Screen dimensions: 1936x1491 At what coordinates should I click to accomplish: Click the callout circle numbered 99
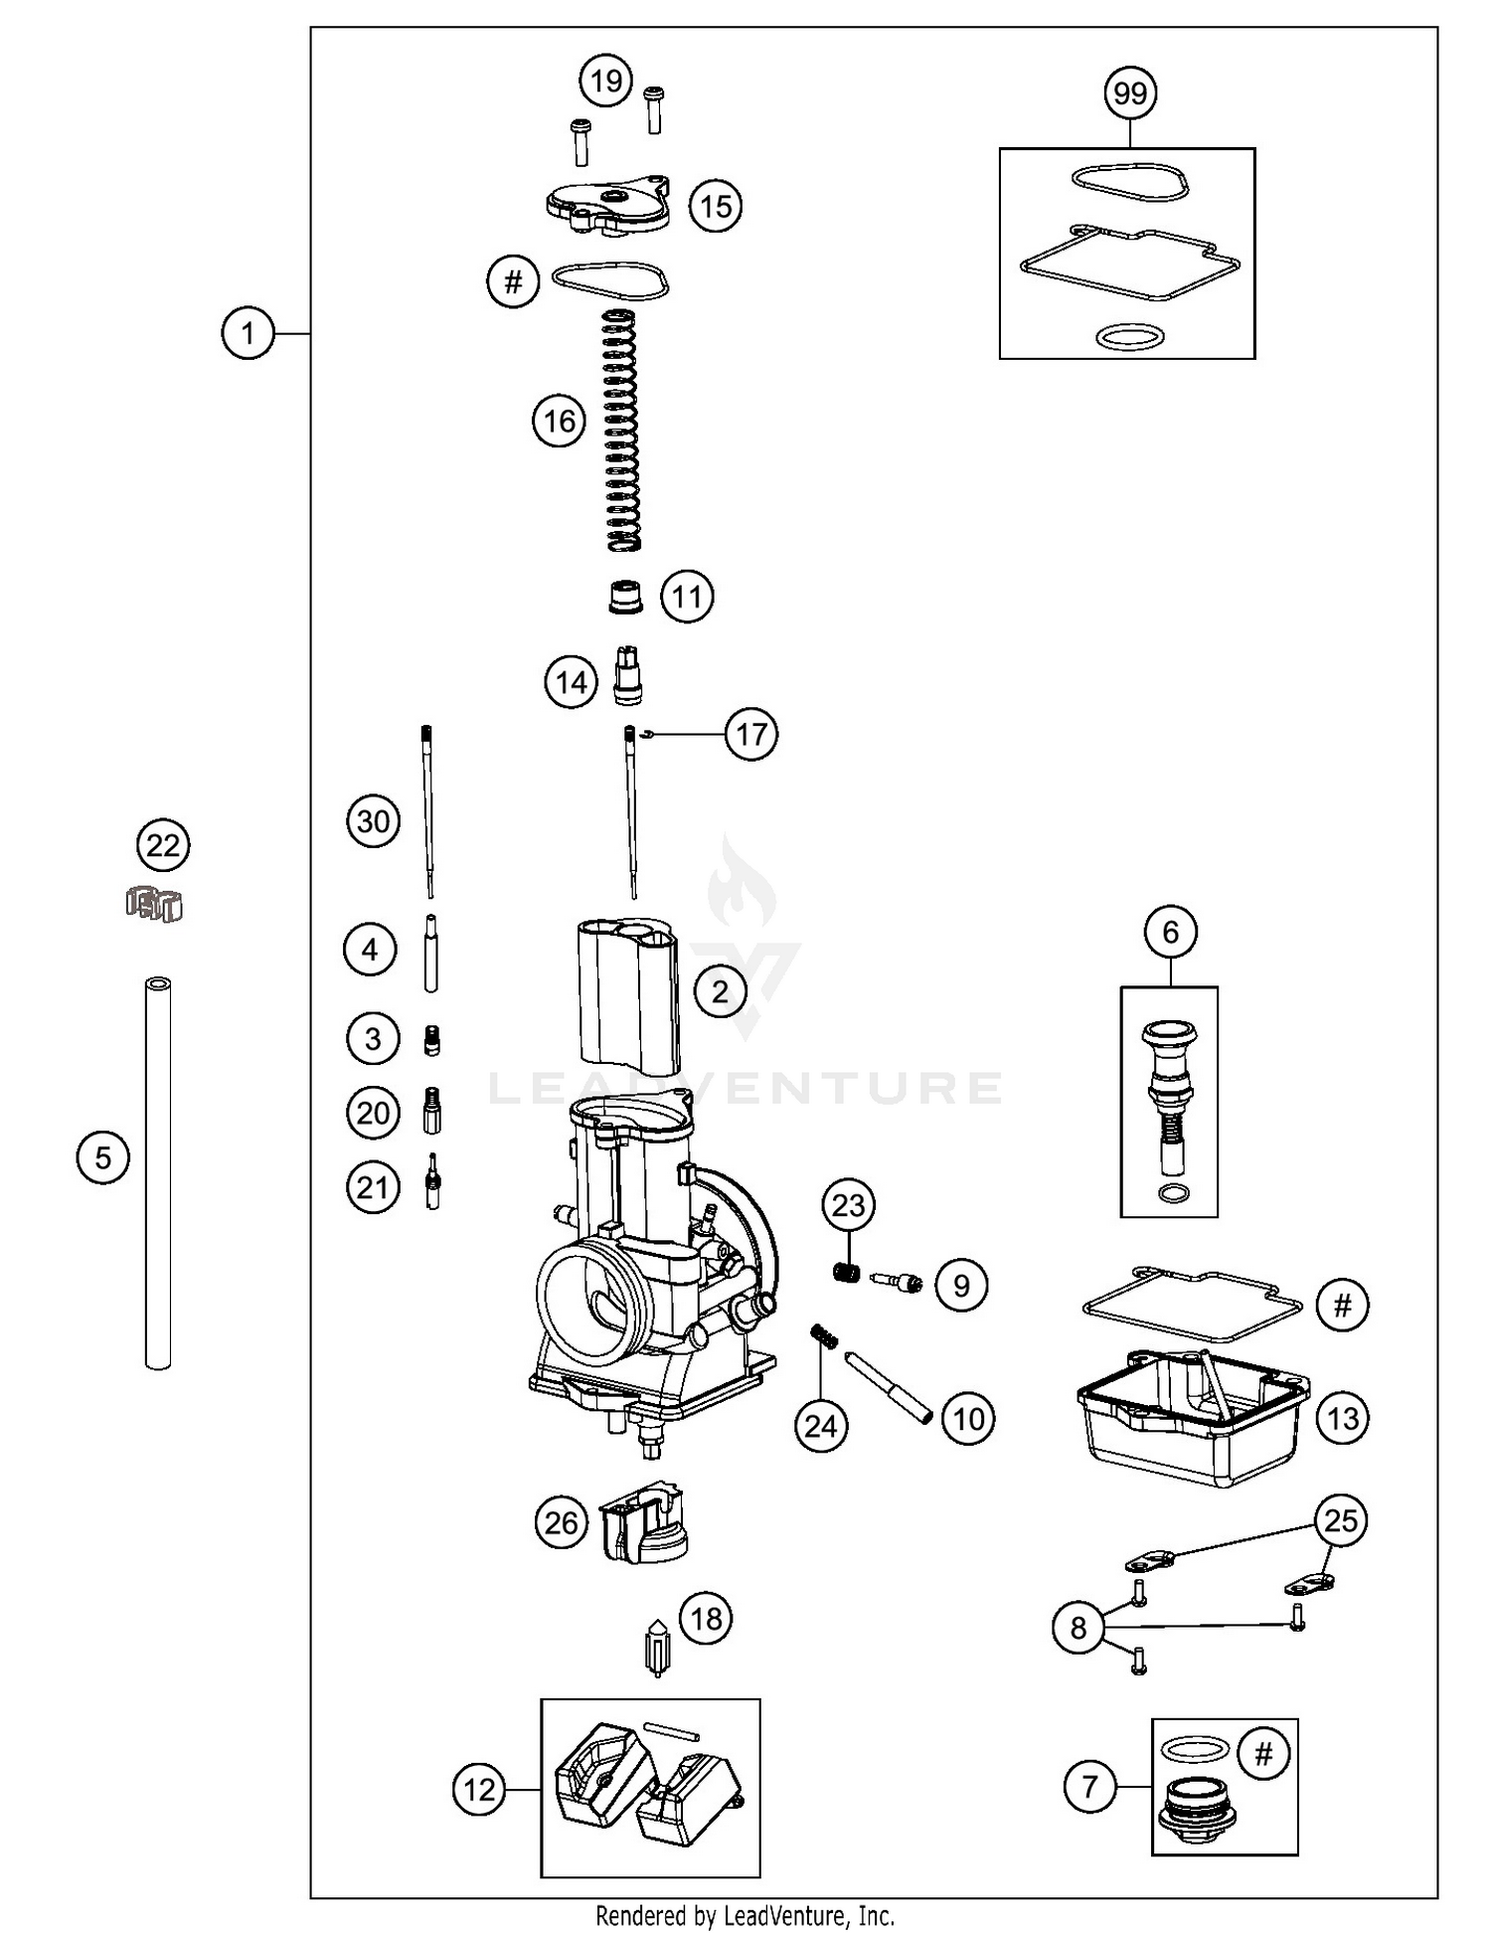coord(1130,93)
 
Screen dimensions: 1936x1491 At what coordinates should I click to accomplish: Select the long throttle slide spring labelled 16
coord(623,430)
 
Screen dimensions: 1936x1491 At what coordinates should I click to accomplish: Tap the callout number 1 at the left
coord(248,332)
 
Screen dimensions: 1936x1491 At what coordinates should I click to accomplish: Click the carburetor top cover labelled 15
coord(607,205)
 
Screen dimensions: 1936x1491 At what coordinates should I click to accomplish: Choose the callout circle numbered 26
coord(561,1522)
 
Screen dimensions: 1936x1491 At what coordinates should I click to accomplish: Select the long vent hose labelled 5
coord(158,1173)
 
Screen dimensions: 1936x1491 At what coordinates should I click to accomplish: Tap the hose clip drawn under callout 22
coord(156,903)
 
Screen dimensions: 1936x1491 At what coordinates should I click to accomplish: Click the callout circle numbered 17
coord(751,734)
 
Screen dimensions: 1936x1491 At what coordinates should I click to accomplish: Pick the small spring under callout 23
coord(846,1271)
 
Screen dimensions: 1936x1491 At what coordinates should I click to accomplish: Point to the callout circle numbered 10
coord(968,1418)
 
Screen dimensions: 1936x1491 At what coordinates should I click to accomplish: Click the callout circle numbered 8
coord(1078,1628)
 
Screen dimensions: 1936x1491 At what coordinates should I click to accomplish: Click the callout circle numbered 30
coord(373,821)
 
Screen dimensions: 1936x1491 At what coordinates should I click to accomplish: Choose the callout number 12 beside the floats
coord(479,1790)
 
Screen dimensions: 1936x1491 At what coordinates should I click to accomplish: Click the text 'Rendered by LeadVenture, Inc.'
coord(745,1915)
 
